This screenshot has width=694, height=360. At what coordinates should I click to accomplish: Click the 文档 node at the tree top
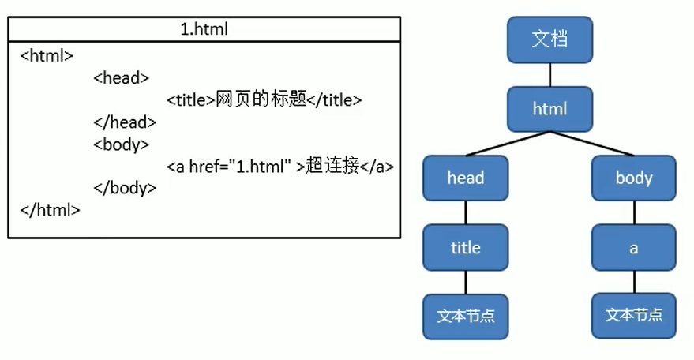coord(550,39)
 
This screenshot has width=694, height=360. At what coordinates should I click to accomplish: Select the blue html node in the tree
coord(550,109)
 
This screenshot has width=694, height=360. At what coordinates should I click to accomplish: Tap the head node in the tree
coord(465,178)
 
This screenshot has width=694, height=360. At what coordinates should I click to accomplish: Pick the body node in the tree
coord(634,178)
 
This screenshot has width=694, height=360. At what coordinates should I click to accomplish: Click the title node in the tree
coord(465,248)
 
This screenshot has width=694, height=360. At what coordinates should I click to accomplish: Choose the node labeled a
coord(634,248)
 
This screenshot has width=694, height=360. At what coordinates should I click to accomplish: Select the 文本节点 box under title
coord(465,317)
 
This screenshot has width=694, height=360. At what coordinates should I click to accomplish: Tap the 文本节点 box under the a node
coord(634,316)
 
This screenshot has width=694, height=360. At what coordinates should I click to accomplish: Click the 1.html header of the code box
coord(204,30)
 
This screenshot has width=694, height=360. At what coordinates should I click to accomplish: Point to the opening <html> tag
coord(47,56)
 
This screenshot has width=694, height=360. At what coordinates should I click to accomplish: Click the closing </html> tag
coord(50,211)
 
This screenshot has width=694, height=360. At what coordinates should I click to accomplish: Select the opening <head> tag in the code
coord(121,78)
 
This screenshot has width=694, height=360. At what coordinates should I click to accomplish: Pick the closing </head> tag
coord(124,122)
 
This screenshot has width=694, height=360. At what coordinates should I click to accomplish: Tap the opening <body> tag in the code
coord(121,144)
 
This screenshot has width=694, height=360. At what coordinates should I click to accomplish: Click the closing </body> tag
coord(124,189)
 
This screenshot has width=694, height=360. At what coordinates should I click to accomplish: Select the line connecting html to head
coord(507,144)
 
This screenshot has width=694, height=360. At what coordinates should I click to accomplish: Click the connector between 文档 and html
coord(550,75)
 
